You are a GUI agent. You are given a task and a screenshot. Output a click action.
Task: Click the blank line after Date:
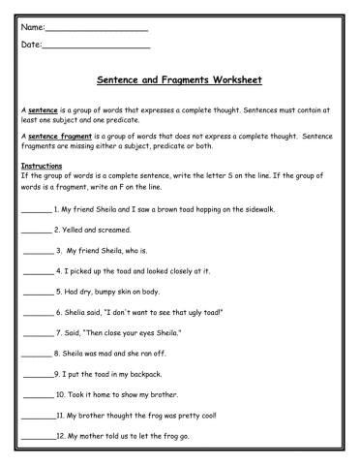click(97, 46)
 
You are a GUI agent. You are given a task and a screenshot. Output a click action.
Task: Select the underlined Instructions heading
click(42, 166)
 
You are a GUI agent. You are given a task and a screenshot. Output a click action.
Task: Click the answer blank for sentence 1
click(35, 210)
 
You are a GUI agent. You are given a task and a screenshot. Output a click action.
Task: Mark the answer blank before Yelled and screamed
click(35, 231)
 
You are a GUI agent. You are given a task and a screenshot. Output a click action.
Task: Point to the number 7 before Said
click(58, 332)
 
